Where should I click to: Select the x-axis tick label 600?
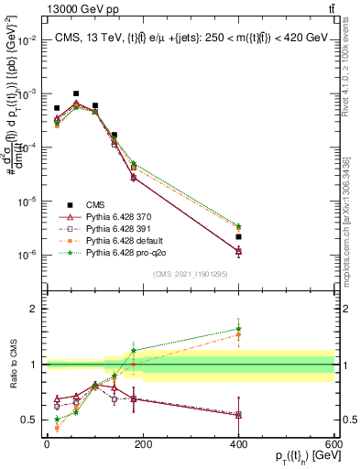click(335, 444)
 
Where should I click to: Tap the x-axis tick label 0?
click(47, 444)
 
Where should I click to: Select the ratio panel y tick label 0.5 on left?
click(30, 420)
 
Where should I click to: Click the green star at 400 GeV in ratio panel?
click(239, 329)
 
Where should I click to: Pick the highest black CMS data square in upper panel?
click(76, 93)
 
